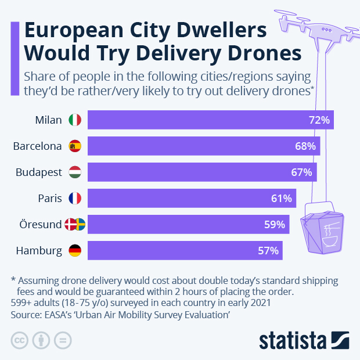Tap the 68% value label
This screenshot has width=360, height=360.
305,146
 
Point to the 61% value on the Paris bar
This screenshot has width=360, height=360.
281,199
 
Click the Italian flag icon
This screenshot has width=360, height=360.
75,120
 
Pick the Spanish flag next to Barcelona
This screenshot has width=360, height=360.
75,146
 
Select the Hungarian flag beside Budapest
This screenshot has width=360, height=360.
75,172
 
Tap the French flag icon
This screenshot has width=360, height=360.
75,199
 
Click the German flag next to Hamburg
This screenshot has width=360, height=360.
75,251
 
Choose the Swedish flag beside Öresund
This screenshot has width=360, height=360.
80,225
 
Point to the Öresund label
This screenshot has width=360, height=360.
41,225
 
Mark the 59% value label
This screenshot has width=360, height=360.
274,225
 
